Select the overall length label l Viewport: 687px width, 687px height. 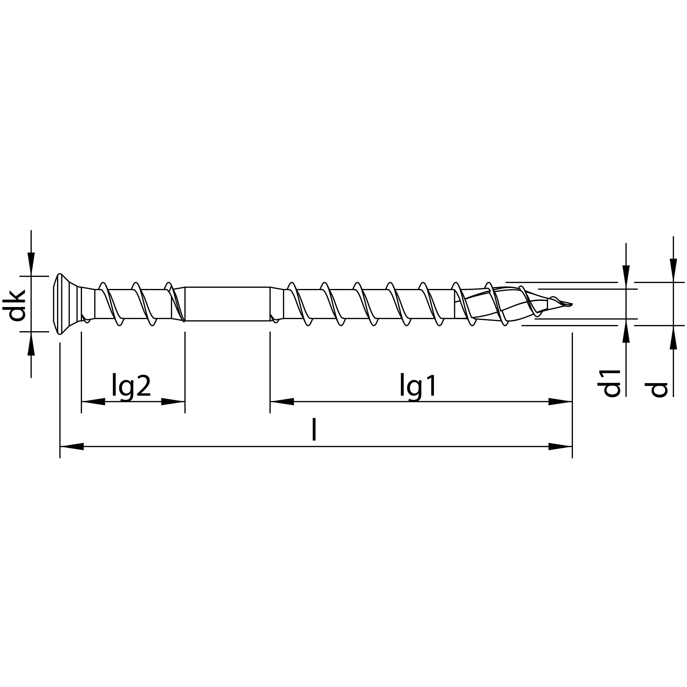click(x=314, y=430)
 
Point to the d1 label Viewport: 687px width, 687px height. click(x=609, y=383)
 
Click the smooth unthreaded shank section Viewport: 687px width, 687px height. click(x=228, y=304)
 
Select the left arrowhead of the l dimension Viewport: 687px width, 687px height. click(x=71, y=447)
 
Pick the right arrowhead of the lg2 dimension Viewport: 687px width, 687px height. click(x=173, y=402)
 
